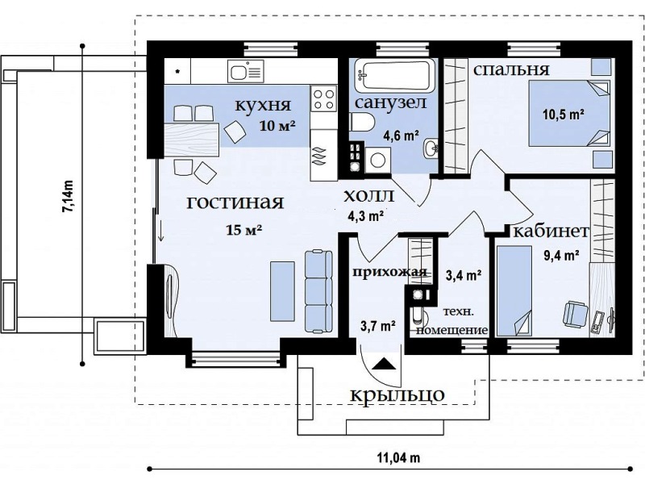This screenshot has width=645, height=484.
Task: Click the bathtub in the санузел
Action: click(394, 76)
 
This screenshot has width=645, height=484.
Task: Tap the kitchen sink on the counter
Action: click(245, 72)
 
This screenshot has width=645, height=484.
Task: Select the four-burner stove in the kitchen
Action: click(323, 98)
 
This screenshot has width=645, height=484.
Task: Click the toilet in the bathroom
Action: click(362, 123)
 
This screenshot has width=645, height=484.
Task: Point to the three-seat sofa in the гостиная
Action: click(318, 291)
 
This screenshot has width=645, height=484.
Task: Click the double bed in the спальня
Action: click(569, 114)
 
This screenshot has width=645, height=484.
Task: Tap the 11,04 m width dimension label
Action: click(398, 457)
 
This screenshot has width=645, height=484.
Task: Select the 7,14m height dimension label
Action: click(67, 197)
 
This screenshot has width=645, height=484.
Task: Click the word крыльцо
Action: click(397, 395)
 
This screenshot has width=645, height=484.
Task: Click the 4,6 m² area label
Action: click(401, 135)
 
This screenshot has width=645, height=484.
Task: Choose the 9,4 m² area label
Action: click(561, 256)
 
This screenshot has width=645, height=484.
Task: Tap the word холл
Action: click(368, 195)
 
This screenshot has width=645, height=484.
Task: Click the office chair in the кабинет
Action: click(575, 313)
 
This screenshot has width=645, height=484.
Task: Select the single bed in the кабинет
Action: click(514, 291)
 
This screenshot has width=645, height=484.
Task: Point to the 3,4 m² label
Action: click(464, 275)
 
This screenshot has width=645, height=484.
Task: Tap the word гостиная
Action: click(235, 202)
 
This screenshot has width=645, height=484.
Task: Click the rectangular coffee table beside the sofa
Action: click(282, 290)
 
